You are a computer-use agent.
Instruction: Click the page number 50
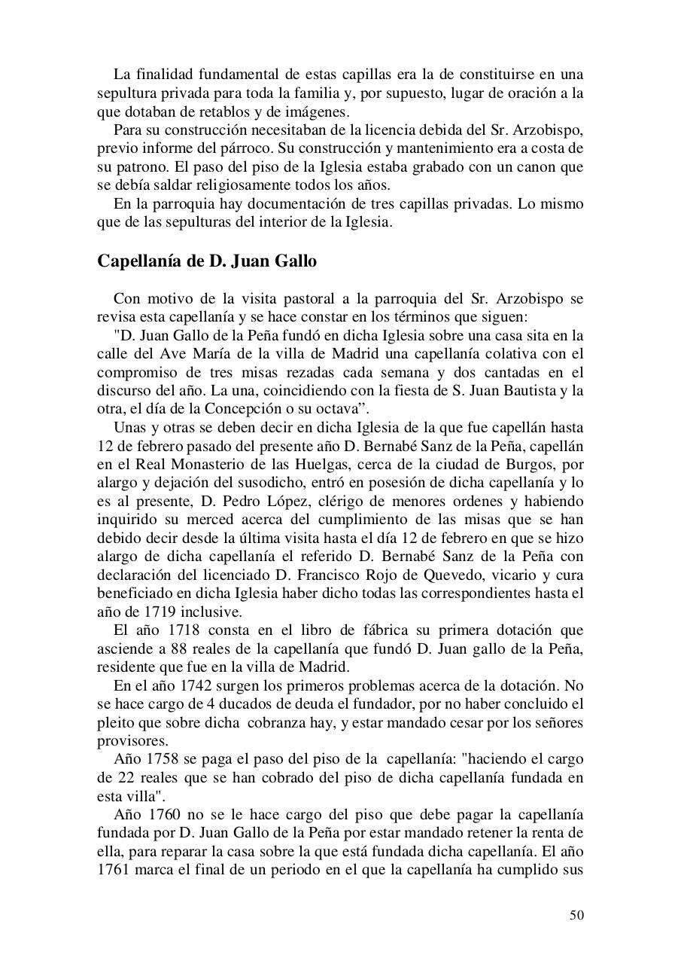[x=576, y=915]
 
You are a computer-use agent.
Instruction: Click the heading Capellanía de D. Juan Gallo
[x=207, y=261]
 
